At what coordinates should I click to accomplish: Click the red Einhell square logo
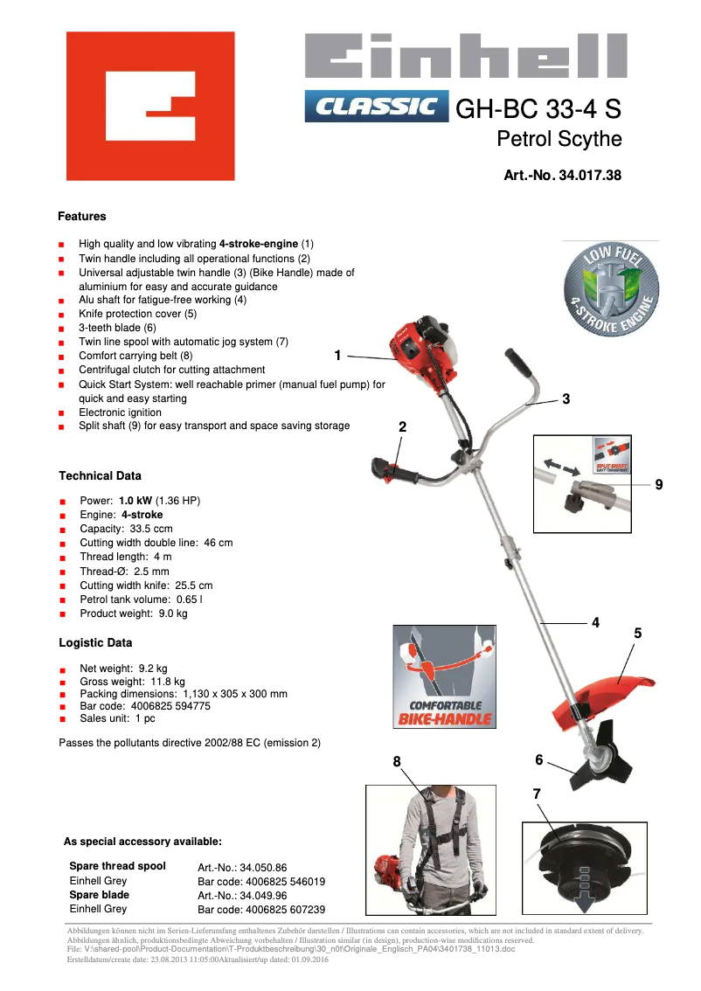coord(150,106)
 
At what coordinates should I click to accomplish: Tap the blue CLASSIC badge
coord(376,107)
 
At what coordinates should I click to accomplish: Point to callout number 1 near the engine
coord(338,355)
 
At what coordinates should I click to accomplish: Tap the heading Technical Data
coord(100,476)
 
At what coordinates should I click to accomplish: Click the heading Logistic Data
coord(95,643)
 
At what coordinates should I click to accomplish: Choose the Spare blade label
coord(99,895)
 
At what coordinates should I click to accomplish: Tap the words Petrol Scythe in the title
coord(559,139)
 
